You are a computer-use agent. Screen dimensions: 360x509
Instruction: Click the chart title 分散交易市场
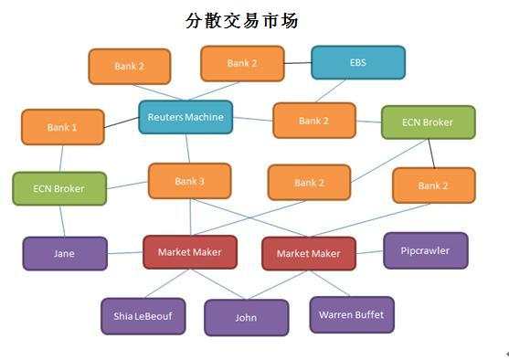coord(242,19)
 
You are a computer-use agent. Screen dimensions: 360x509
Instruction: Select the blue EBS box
coord(357,63)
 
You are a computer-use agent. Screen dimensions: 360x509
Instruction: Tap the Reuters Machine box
coord(186,117)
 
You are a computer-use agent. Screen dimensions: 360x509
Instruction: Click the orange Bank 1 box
coord(62,128)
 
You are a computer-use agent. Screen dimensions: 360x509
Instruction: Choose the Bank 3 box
coord(189,182)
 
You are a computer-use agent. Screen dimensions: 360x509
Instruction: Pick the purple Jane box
coord(64,253)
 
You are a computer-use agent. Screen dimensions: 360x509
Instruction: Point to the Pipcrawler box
coord(425,250)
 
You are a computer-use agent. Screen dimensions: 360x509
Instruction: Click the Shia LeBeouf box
coord(143,316)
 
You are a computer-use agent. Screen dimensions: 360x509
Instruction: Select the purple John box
coord(246,318)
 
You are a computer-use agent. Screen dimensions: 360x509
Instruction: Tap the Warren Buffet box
coord(351,315)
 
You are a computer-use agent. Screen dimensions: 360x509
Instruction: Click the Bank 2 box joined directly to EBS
coord(242,64)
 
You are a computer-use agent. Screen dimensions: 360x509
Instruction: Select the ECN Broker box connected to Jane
coord(58,188)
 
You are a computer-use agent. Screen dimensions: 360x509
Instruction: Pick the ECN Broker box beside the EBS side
coord(428,122)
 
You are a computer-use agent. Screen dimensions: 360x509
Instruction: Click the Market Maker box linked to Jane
coord(189,252)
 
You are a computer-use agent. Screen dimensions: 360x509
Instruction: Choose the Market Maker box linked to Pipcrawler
coord(308,253)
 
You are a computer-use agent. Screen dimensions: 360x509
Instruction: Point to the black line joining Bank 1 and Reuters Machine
coord(121,122)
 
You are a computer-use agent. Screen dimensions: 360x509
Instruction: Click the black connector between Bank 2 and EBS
coord(298,63)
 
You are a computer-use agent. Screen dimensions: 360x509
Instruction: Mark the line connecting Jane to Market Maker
coord(124,253)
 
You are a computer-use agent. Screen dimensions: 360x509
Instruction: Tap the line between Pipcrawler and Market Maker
coord(369,252)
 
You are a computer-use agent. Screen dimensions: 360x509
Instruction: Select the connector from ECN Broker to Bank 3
coord(127,185)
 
